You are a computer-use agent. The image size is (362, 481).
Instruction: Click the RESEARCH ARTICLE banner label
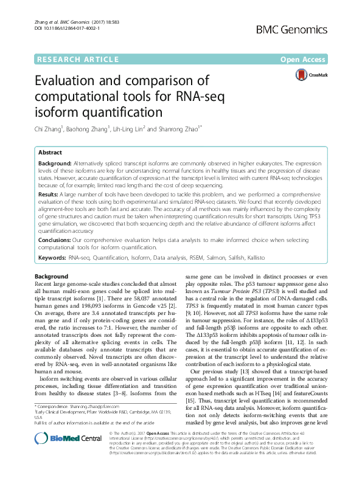click(77, 59)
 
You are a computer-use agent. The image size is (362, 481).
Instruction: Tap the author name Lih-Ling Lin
click(132, 128)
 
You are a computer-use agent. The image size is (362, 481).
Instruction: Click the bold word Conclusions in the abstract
click(56, 240)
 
